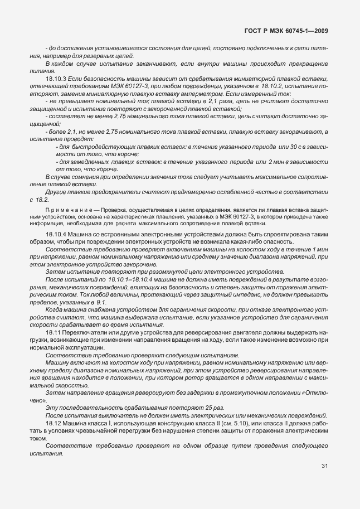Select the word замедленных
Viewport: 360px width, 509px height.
click(x=90, y=161)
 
